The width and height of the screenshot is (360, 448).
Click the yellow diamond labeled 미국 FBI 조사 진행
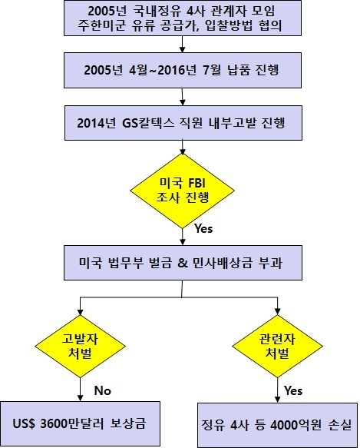coord(182,191)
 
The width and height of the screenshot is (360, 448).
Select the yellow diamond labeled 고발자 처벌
coord(81,346)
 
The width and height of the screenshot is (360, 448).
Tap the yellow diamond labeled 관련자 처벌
coord(277,346)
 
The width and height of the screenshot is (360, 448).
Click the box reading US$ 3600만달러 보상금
coord(81,423)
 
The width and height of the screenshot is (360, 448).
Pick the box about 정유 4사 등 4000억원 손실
coord(277,425)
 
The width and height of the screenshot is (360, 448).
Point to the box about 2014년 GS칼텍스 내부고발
coord(183,123)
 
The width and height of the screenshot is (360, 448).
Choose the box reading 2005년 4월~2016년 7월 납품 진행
coord(183,70)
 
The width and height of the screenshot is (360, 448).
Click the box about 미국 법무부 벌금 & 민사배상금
coord(183,263)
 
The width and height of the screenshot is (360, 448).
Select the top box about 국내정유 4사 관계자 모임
coord(183,18)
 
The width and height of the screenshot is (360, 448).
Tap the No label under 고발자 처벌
coord(103,390)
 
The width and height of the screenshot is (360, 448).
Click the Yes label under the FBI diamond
coord(203,228)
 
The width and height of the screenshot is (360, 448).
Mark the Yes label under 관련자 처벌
coord(293,390)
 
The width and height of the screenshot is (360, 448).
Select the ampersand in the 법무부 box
coord(183,263)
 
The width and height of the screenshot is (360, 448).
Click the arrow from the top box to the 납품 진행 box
coord(182,44)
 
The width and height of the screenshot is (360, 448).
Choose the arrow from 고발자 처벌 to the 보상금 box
coord(81,390)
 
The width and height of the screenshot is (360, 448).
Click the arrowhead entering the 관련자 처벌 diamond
coord(277,311)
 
